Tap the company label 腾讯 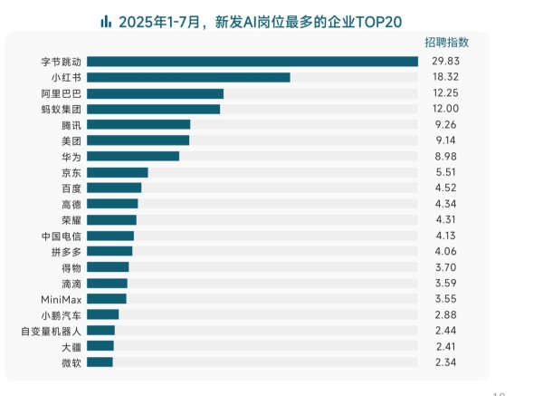[x=71, y=125]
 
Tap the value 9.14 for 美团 [x=439, y=140]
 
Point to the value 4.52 [x=439, y=188]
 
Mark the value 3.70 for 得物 [x=439, y=267]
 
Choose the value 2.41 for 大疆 [x=439, y=346]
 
